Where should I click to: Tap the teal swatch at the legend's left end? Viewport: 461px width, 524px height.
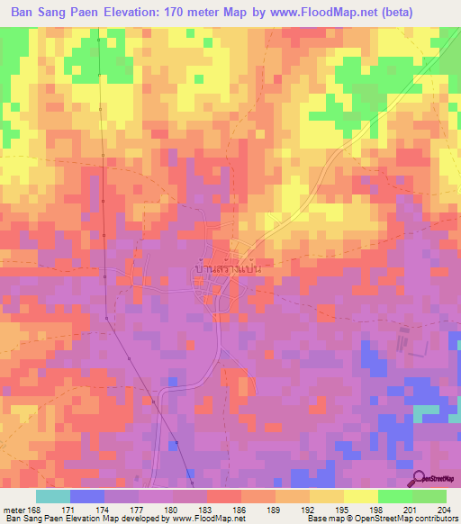tap(52, 496)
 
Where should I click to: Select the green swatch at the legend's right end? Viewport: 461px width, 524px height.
tap(429, 496)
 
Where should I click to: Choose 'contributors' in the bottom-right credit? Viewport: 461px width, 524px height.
tap(437, 519)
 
